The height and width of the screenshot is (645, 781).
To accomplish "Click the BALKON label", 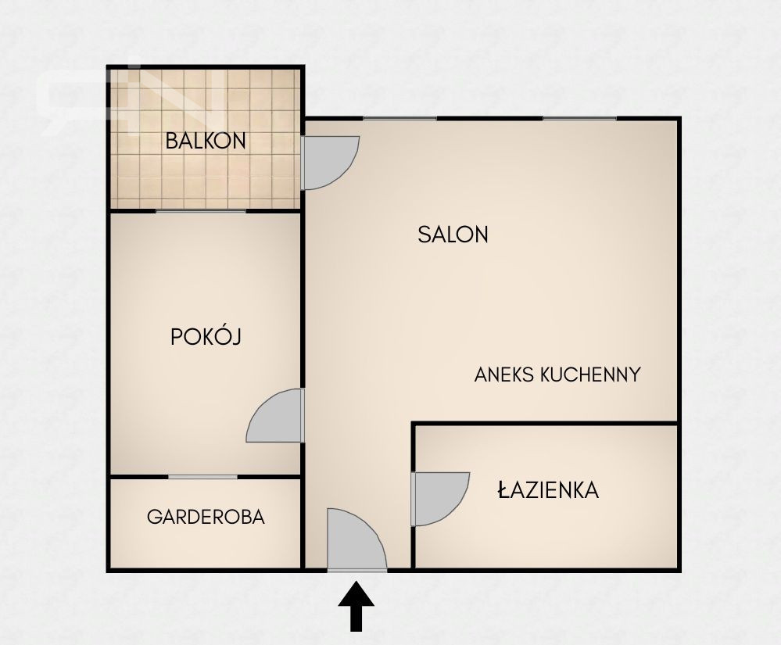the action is click(205, 141).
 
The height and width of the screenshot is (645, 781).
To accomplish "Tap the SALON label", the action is click(453, 235).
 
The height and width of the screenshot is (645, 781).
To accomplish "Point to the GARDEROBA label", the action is click(206, 517).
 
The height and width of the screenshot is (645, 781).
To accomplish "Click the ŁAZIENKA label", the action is click(548, 489).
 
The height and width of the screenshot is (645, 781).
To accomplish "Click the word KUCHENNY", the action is click(591, 374).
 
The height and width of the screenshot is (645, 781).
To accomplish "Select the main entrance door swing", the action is click(356, 539).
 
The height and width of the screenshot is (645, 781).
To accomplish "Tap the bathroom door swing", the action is click(440, 499).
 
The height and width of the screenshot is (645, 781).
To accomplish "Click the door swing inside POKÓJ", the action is click(275, 415).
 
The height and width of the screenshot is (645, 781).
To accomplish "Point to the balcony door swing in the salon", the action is click(330, 163).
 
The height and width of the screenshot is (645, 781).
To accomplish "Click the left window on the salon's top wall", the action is click(399, 119).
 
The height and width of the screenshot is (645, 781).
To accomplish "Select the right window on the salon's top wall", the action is click(579, 119).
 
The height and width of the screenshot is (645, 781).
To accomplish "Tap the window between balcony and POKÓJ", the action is click(201, 211).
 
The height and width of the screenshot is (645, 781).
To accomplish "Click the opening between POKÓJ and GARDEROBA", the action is click(202, 477).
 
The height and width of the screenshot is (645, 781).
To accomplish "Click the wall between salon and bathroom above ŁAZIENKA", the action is click(546, 424).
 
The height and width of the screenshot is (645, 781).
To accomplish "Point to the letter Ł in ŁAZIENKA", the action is click(504, 489).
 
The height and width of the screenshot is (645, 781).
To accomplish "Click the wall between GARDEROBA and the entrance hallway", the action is click(303, 522).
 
